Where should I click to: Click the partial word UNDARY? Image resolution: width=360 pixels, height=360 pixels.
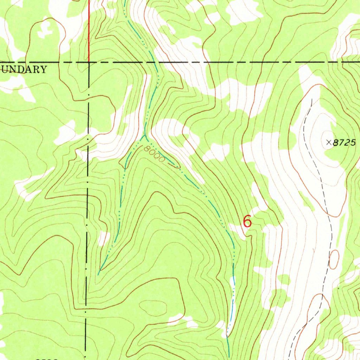point(23,69)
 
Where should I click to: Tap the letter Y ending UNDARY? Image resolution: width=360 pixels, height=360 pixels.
point(43,69)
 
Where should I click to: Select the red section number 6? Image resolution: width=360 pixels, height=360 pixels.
point(247,221)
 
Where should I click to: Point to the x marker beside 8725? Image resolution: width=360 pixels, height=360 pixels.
point(329,142)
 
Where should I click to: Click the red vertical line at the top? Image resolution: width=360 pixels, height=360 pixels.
point(89,28)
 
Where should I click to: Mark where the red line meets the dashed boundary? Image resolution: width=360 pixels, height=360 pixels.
point(89,62)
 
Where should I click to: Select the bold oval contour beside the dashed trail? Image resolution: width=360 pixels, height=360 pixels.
point(334,259)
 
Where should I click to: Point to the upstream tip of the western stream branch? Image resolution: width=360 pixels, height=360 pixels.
point(99,272)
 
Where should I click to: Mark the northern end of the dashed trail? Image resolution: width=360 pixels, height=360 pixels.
point(311,100)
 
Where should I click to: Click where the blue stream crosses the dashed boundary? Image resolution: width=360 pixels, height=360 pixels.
point(154,62)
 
